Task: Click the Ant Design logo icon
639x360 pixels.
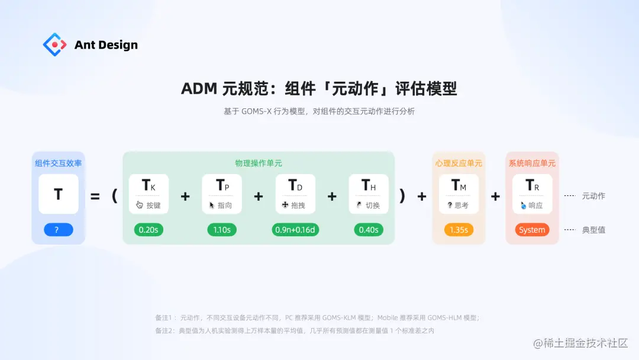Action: coord(54,44)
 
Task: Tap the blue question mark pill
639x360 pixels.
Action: coord(58,230)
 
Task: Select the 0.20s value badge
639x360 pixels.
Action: coord(149,230)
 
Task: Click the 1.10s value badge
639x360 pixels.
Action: coord(222,230)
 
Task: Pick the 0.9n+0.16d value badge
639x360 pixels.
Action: coord(295,230)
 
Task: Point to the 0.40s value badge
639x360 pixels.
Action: coord(369,230)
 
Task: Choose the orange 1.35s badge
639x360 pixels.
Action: coord(459,230)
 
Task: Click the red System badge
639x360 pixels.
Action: coord(532,230)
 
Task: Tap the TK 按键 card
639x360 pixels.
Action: coord(149,194)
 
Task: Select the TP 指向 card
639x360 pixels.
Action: coord(222,194)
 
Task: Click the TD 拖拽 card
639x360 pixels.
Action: coord(295,194)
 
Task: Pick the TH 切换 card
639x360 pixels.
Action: coord(369,194)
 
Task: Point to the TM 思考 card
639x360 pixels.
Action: coord(459,194)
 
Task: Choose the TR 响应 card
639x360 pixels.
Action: coord(532,194)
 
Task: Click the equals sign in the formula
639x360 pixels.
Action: coord(95,196)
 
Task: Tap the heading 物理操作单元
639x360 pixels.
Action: coord(259,163)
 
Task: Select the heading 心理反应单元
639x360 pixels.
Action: coord(459,163)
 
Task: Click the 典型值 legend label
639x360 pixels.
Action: coord(593,230)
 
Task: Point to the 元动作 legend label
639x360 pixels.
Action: coord(593,196)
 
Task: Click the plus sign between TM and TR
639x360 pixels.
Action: coord(495,196)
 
